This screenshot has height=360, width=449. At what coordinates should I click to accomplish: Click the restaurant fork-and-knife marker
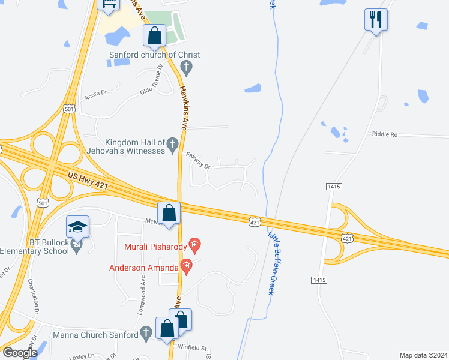(x=376, y=20)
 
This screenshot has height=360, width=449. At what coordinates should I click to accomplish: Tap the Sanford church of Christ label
(x=154, y=55)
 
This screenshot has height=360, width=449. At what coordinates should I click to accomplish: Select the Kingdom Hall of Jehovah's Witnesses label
(x=135, y=146)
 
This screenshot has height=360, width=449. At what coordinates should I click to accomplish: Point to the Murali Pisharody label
(x=155, y=246)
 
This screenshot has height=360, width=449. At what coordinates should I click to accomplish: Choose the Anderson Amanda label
(x=144, y=268)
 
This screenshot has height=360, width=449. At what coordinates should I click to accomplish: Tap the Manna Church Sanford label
(x=96, y=335)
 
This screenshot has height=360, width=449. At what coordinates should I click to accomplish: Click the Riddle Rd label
(x=385, y=134)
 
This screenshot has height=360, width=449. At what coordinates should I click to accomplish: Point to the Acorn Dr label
(x=96, y=94)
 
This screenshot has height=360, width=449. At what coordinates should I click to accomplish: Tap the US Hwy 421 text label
(x=88, y=182)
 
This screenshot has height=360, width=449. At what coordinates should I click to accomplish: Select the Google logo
(x=20, y=353)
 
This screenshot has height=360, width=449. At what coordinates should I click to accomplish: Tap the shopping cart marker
(x=109, y=5)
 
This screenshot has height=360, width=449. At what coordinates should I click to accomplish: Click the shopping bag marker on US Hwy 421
(x=169, y=214)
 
